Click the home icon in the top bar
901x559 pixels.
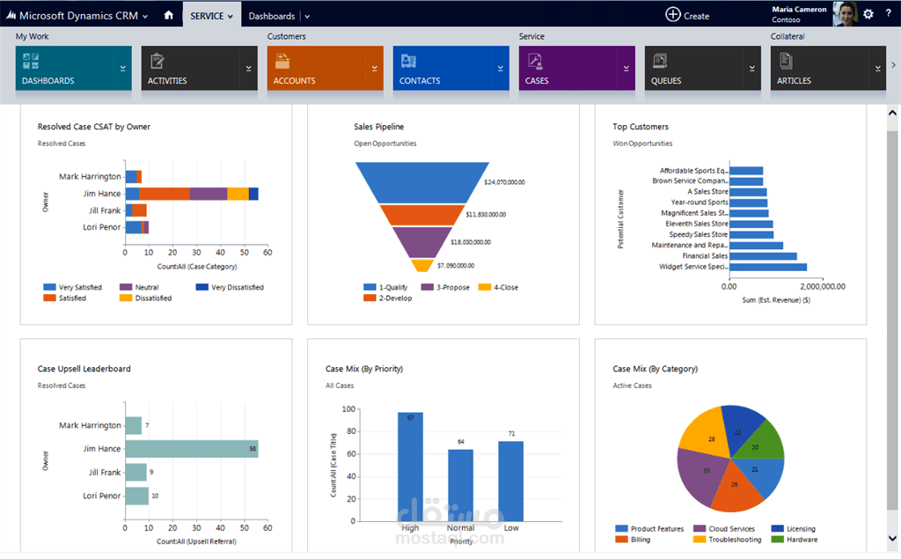coord(168,15)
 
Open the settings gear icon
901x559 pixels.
coord(868,14)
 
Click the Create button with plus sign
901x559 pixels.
coord(687,15)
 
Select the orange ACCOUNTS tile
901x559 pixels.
coord(314,68)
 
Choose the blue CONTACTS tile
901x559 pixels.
coord(440,68)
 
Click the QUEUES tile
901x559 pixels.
coord(692,68)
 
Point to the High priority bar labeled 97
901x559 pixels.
coord(410,467)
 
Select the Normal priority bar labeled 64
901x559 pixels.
coord(460,484)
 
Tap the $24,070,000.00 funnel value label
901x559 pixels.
coord(504,182)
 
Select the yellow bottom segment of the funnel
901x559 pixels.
coord(422,265)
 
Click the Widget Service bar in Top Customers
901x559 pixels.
coord(767,267)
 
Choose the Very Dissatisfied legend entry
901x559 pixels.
coord(231,287)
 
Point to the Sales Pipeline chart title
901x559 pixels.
coord(378,127)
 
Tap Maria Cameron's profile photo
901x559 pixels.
coord(845,13)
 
